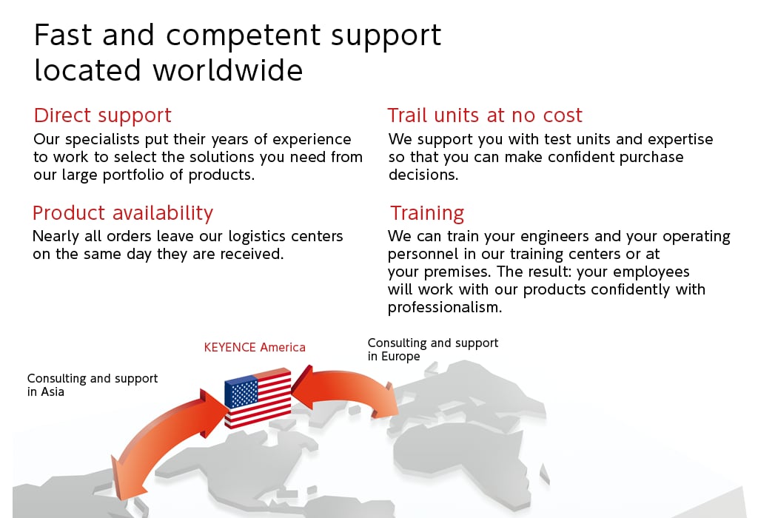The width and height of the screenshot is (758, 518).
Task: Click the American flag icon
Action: (258, 398)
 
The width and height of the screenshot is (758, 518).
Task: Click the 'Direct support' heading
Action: (102, 115)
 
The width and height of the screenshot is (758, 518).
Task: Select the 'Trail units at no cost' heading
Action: (485, 115)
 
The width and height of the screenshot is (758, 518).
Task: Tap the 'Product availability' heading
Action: (123, 213)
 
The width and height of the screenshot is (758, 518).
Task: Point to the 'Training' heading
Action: (427, 213)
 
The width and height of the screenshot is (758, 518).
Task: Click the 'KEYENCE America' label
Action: (255, 347)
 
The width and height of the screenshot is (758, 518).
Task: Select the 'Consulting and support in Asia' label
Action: (93, 385)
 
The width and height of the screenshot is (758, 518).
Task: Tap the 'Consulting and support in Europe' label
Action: (432, 349)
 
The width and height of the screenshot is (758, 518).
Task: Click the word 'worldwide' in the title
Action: (228, 70)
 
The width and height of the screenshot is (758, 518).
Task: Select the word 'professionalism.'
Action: (445, 308)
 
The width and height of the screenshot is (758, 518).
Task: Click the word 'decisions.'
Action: (423, 175)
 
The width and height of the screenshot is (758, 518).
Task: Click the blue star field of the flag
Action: (241, 391)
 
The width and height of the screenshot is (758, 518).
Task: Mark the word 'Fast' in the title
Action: (63, 36)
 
